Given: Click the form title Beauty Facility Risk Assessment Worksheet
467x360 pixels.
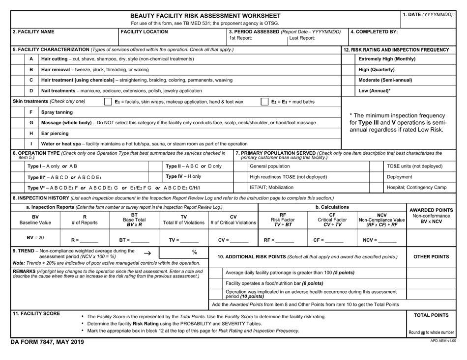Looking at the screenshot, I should click(x=205, y=16).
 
